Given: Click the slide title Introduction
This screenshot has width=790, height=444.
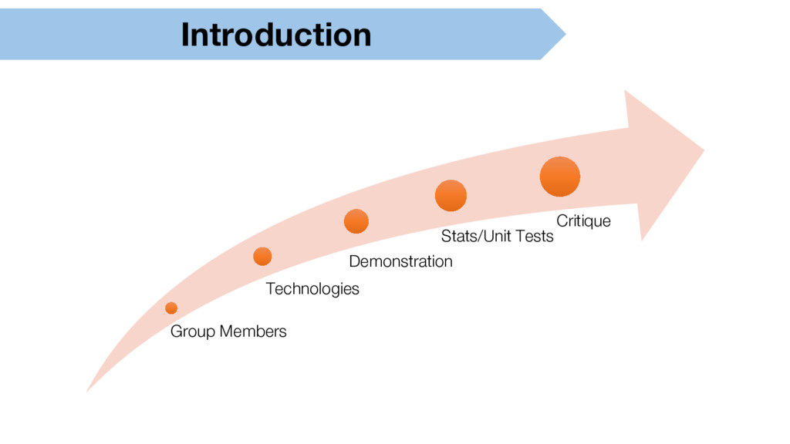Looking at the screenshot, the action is click(275, 35).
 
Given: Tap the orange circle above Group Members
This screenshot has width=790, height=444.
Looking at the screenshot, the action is click(171, 308).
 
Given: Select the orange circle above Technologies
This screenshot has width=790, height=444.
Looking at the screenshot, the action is click(262, 257).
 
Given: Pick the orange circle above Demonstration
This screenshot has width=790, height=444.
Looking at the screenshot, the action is click(356, 221).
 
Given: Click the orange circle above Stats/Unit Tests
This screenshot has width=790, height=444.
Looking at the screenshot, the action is click(451, 196).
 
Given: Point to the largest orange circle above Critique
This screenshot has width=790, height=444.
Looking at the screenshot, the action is click(560, 177).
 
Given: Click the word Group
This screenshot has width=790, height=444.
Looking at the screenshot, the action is click(192, 331).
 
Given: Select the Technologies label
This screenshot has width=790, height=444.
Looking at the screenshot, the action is click(312, 289).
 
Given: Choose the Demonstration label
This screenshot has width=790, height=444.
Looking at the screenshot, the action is click(400, 261).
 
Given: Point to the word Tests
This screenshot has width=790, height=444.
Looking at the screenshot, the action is click(534, 236).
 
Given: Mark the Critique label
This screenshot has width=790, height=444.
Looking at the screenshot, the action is click(583, 221).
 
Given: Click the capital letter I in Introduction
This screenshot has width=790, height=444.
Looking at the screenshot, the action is click(185, 35).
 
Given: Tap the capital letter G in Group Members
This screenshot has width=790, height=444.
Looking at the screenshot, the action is click(176, 331).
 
